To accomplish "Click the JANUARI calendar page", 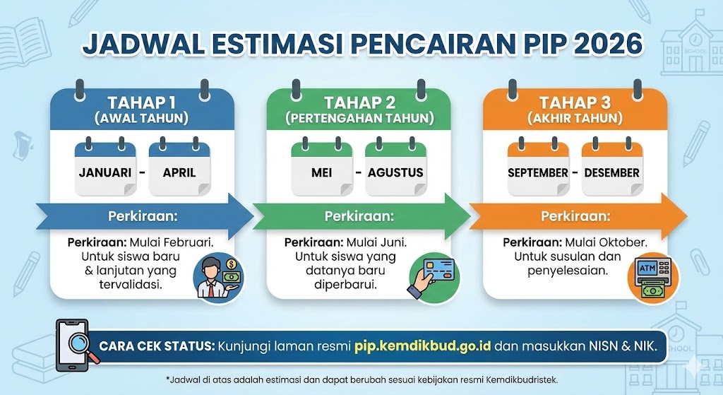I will [x=106, y=171].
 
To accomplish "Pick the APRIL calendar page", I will [x=179, y=171].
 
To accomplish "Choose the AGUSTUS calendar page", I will [x=395, y=171].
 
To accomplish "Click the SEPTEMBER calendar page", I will [x=538, y=171].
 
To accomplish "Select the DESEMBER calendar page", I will [x=611, y=171].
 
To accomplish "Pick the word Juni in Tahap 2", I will [x=402, y=242].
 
